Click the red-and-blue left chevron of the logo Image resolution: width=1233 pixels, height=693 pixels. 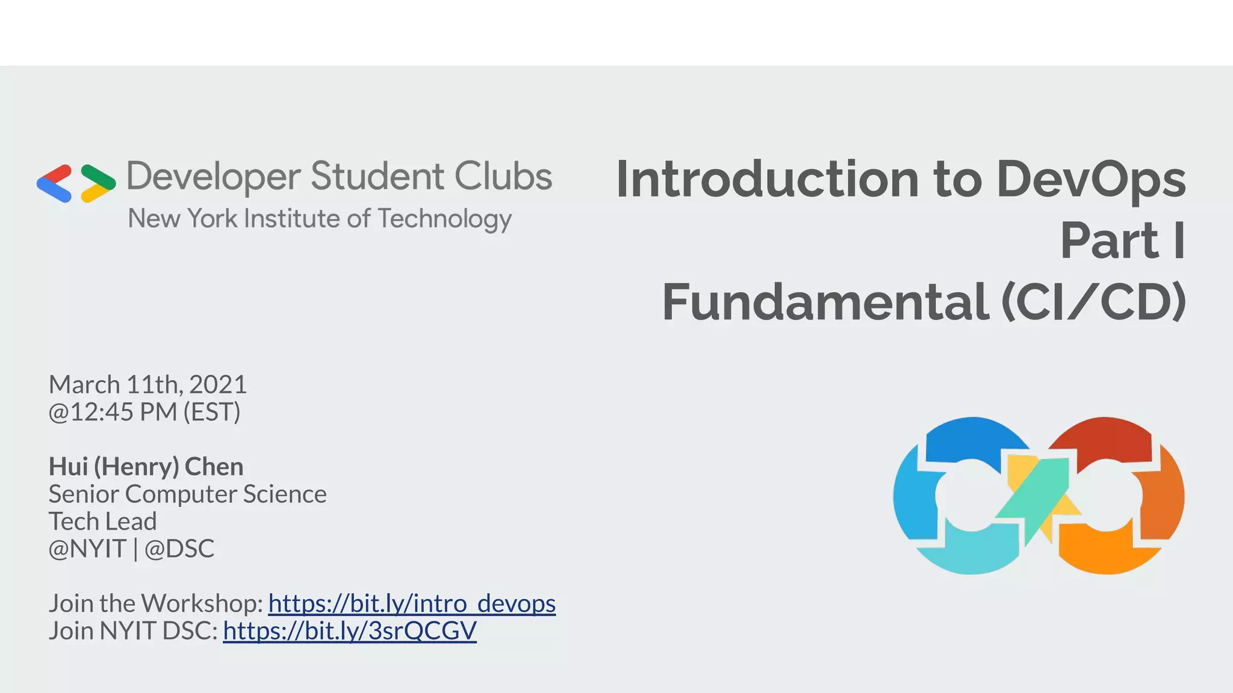pos(55,183)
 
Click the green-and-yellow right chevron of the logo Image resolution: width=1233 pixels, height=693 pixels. pos(98,183)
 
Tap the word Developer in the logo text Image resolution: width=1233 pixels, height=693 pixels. pos(213,177)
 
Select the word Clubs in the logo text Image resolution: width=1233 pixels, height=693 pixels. pos(503,176)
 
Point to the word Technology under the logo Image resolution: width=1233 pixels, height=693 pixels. pos(444,219)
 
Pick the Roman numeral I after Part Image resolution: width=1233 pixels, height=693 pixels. pos(1179,241)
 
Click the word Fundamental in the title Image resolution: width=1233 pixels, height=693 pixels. pos(825,302)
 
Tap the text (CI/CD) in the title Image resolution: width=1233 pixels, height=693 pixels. pos(1093,302)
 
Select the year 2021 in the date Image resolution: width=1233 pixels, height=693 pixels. pos(218,385)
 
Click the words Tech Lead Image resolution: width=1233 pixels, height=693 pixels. pos(102,522)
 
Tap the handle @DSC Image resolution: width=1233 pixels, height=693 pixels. pos(179,549)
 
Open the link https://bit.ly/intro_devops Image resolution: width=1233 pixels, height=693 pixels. pos(412,603)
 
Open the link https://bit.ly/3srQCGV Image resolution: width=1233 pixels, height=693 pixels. pos(349,631)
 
